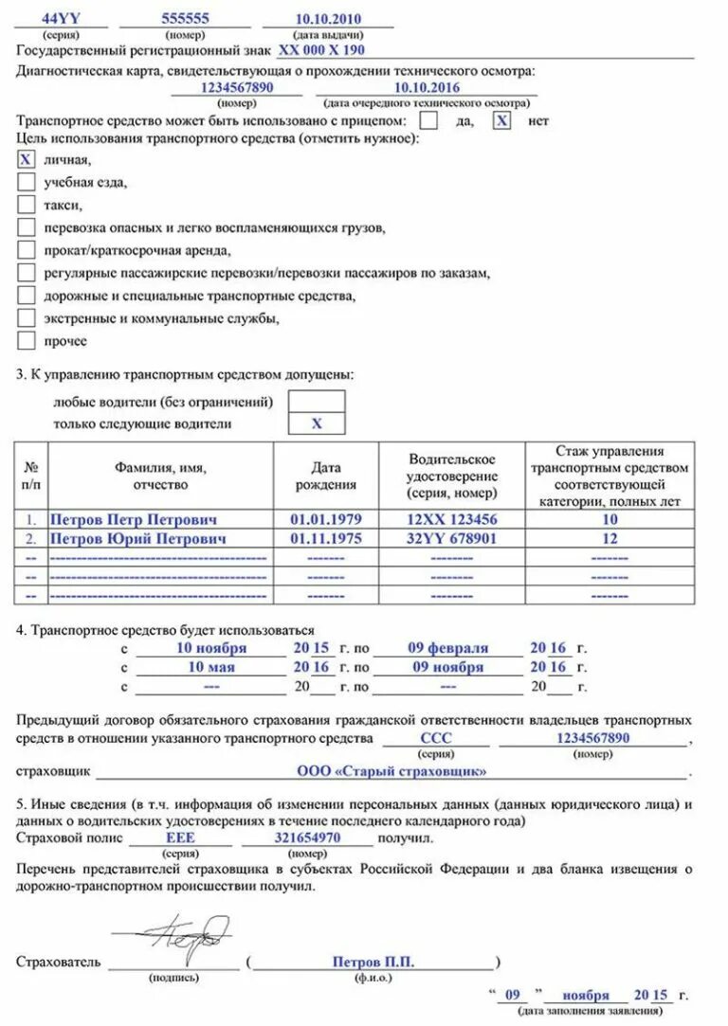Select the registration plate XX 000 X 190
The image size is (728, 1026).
click(x=321, y=50)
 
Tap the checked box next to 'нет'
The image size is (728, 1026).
click(x=502, y=120)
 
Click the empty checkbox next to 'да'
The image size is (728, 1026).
click(x=428, y=120)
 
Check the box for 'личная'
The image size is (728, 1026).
click(x=27, y=159)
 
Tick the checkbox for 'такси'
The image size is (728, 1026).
click(x=27, y=205)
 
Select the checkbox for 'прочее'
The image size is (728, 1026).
click(x=27, y=341)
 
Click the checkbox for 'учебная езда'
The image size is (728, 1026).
click(x=27, y=182)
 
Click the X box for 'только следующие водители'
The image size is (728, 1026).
click(x=317, y=423)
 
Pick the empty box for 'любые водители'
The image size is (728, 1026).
click(x=317, y=401)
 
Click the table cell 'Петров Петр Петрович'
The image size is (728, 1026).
click(x=133, y=520)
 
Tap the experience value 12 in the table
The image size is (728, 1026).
click(x=610, y=538)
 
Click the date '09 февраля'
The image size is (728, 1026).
click(x=448, y=648)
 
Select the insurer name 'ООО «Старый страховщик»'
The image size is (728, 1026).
click(x=391, y=771)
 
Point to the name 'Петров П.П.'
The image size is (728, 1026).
click(x=373, y=962)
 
